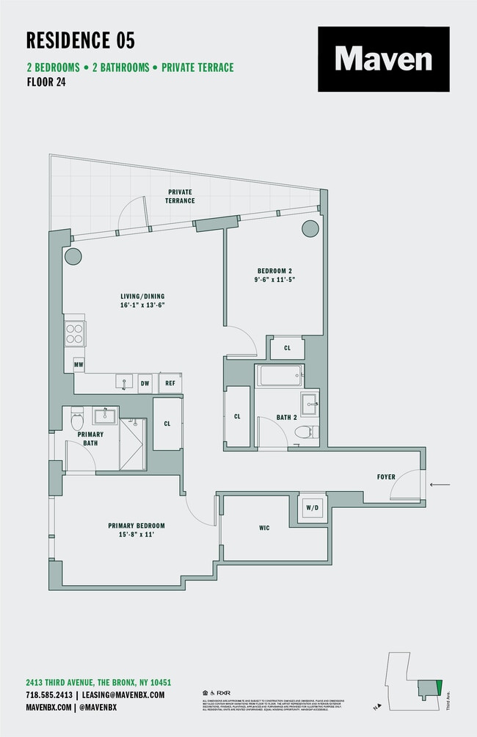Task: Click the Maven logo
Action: (x=383, y=59)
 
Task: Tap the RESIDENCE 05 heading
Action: (x=81, y=40)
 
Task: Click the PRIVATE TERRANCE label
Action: (x=180, y=196)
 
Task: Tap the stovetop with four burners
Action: (x=74, y=334)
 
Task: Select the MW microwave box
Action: (x=79, y=364)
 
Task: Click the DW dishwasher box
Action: (x=145, y=382)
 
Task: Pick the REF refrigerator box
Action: (x=170, y=382)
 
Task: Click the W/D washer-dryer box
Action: (x=311, y=507)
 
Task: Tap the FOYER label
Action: (x=386, y=477)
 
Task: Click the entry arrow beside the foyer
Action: (x=440, y=484)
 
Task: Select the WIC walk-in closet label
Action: (x=264, y=528)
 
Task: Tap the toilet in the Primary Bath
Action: (x=77, y=420)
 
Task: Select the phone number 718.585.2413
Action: (x=49, y=694)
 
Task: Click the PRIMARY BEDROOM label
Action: (x=136, y=526)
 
